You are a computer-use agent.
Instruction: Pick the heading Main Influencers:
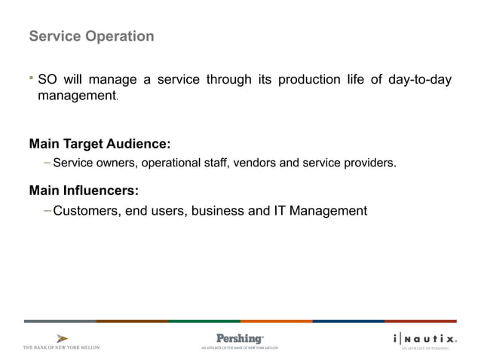point(84,190)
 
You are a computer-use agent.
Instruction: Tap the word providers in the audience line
point(370,162)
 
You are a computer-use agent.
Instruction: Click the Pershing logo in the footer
point(240,339)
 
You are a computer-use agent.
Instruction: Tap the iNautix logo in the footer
point(424,339)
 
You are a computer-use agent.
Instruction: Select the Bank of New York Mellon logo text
point(62,347)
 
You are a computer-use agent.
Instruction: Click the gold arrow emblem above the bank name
point(62,337)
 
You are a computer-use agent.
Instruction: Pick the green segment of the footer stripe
point(204,321)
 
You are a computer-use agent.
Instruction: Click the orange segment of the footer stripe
point(276,321)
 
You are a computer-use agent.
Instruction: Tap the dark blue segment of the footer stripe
point(348,321)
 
